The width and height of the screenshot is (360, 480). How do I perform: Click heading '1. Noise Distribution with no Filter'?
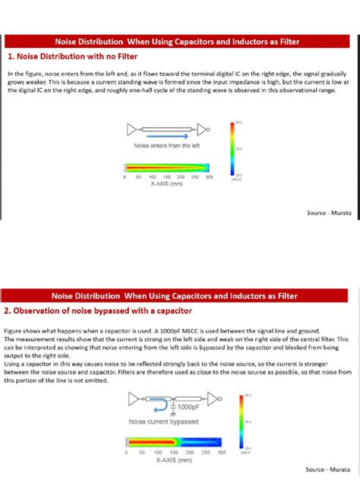tap(62, 55)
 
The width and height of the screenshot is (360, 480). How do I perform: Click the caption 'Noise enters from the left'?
tap(166, 145)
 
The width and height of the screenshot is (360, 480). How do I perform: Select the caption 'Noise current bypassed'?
tap(164, 422)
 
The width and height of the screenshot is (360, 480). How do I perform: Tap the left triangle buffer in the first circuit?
tap(134, 127)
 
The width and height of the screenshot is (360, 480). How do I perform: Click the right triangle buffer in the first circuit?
tap(204, 127)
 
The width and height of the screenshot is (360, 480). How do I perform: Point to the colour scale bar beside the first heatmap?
tap(231, 149)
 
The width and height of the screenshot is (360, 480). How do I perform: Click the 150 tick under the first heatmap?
tap(166, 176)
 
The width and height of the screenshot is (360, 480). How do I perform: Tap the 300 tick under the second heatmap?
tap(222, 453)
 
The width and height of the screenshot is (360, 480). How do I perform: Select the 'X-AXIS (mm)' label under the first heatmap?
tap(167, 184)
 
